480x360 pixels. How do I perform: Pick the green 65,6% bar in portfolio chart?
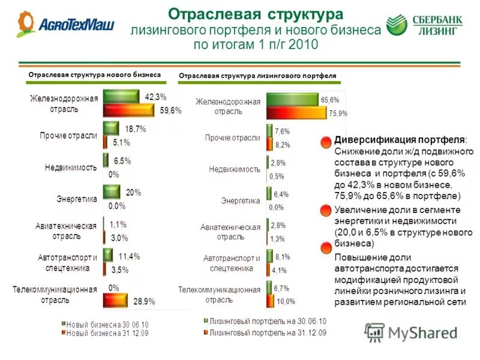pos(292,100)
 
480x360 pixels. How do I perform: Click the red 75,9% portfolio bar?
pos(296,113)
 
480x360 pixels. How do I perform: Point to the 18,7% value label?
pos(135,128)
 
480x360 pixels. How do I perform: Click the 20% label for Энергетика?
pos(133,193)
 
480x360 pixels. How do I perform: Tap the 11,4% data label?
pos(129,256)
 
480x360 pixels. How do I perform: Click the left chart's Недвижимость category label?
pos(71,167)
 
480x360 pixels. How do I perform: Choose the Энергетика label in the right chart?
pos(240,200)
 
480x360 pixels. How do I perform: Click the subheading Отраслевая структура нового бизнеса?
pos(95,74)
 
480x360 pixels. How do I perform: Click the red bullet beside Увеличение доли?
pos(325,210)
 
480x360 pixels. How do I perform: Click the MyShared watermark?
pos(410,332)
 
